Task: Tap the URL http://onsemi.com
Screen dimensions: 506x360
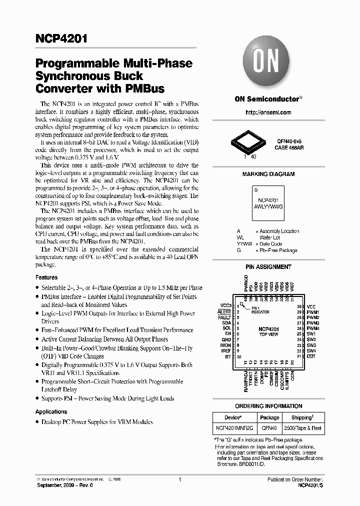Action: (x=268, y=112)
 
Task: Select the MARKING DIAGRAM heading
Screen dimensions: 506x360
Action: (x=268, y=174)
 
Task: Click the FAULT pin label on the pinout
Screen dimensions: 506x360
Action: (x=224, y=317)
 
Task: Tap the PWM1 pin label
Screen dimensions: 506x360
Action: (x=313, y=311)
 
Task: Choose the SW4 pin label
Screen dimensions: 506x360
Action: (x=311, y=351)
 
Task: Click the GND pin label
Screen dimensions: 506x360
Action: (x=226, y=339)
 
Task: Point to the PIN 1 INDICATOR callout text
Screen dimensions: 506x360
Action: (x=259, y=310)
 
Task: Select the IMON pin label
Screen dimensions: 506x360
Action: (x=225, y=345)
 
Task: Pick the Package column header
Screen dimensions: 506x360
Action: (x=269, y=417)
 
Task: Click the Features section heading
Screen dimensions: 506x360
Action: (x=46, y=277)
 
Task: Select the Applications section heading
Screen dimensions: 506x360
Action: (x=51, y=411)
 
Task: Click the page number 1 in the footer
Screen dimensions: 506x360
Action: (x=179, y=479)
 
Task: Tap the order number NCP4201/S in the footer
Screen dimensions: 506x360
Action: (x=310, y=485)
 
